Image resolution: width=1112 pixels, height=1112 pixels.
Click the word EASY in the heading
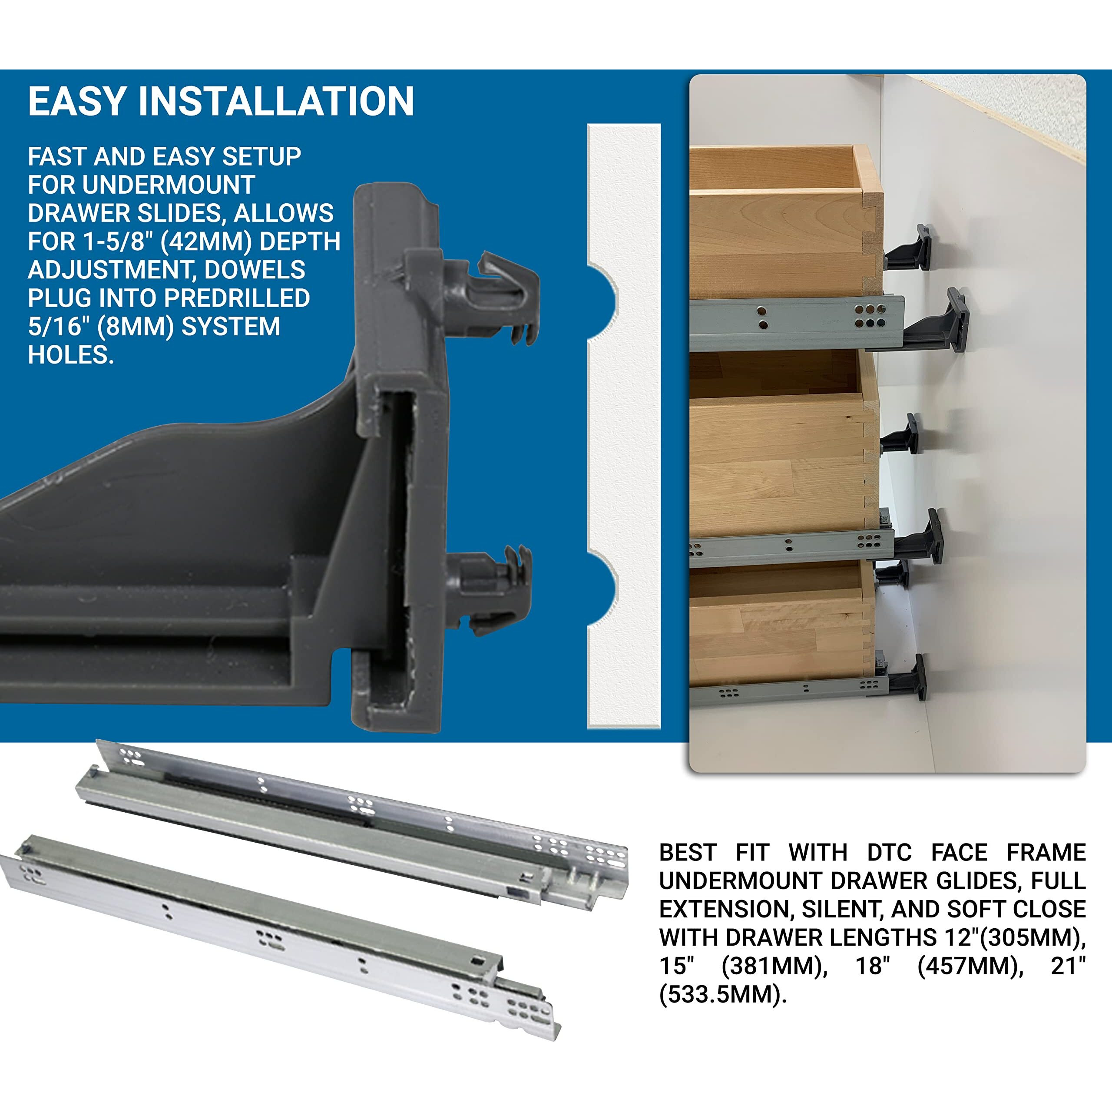[76, 102]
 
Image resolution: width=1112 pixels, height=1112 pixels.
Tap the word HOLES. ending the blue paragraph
[71, 355]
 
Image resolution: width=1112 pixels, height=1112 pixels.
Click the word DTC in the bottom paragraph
[889, 852]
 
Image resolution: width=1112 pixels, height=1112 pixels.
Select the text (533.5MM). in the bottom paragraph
[722, 995]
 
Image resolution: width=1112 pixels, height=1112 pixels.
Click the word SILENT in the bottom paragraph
[841, 910]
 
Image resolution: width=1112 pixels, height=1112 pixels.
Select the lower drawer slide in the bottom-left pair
[276, 927]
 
